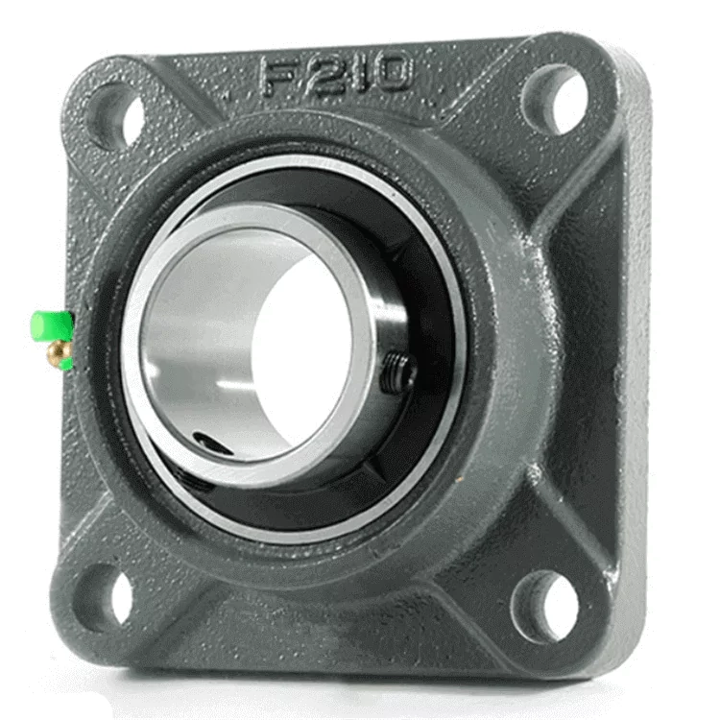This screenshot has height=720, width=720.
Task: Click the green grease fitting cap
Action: pos(52,327)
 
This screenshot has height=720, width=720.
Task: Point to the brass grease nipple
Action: pos(58,353)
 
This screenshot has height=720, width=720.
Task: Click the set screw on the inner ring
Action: pos(397,372)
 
